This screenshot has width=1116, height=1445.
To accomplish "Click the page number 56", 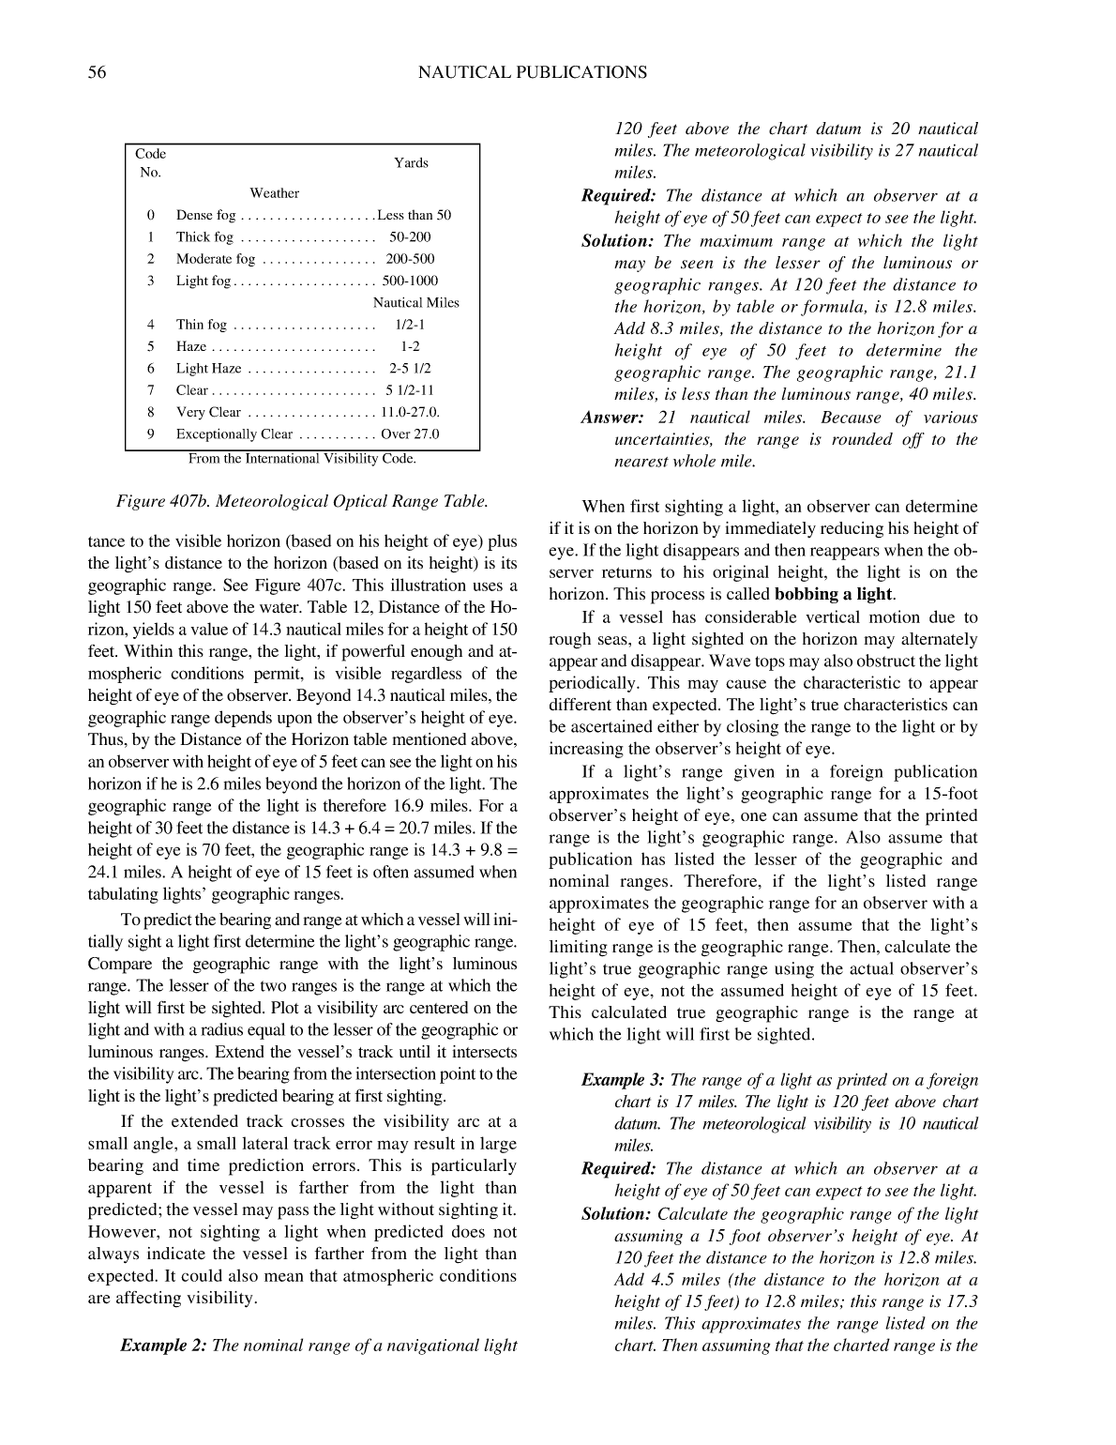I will click(97, 72).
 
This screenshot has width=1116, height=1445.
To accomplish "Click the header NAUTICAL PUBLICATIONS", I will click(532, 72).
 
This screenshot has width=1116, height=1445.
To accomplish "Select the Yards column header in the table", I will click(411, 163).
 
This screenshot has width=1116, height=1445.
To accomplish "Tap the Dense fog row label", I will click(206, 216).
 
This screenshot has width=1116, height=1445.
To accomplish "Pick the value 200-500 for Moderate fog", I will click(410, 259).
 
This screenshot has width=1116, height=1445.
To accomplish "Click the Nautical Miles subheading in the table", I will click(416, 303).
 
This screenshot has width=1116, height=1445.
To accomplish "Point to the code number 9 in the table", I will click(150, 434).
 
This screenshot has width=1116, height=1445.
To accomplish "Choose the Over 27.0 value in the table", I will click(410, 434).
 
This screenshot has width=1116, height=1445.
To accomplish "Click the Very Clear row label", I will click(208, 413).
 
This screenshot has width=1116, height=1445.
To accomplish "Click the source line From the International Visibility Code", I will click(302, 459).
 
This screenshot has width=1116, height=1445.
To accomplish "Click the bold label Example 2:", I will click(163, 1346).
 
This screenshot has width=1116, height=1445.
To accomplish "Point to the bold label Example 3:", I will click(624, 1080).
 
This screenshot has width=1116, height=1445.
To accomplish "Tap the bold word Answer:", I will click(612, 418).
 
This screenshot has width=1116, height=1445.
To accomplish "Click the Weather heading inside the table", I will click(274, 193).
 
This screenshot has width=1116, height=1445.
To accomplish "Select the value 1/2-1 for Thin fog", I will click(410, 326).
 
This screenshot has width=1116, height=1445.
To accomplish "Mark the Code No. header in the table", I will click(150, 163).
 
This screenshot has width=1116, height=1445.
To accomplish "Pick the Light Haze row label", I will click(208, 369).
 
